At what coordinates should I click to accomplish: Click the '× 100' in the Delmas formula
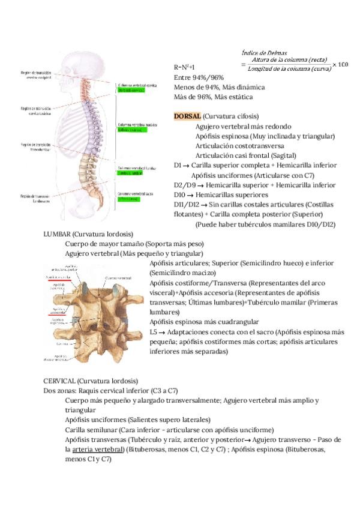point(340,64)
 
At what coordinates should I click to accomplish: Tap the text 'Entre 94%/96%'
point(198,77)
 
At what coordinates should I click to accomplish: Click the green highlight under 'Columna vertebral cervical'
point(131,91)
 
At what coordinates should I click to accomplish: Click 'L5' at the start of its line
point(154,333)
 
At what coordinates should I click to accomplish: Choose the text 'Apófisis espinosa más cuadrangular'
point(204,322)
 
